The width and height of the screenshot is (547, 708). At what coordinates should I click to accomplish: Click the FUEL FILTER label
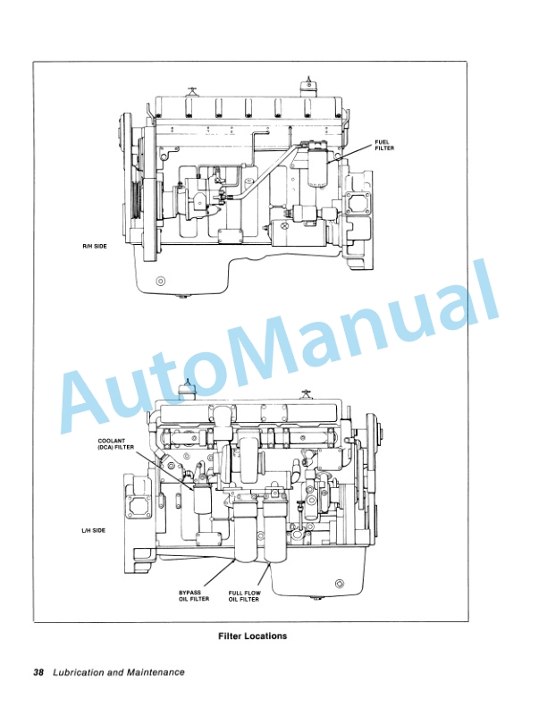384,145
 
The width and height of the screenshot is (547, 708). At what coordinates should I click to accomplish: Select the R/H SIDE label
93,245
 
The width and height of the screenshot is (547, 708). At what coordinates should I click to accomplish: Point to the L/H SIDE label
93,530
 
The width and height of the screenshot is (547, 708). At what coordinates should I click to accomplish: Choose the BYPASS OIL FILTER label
189,596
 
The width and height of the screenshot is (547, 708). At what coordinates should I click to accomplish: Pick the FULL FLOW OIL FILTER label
243,596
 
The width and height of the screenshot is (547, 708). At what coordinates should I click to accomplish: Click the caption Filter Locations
252,636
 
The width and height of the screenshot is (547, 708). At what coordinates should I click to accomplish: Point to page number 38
38,672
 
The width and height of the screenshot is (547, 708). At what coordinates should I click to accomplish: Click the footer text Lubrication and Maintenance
119,672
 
